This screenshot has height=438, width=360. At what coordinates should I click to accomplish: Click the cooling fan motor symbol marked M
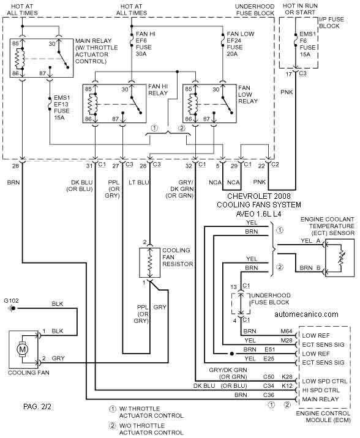pyautogui.click(x=22, y=349)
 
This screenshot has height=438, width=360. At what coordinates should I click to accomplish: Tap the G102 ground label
pyautogui.click(x=11, y=300)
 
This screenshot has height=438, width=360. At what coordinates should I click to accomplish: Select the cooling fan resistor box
pyautogui.click(x=150, y=262)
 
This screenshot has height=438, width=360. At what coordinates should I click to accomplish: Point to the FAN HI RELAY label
pyautogui.click(x=158, y=90)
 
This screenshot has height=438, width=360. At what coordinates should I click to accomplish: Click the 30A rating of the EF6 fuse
pyautogui.click(x=141, y=54)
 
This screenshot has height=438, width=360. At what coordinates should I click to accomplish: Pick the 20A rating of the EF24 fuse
pyautogui.click(x=232, y=54)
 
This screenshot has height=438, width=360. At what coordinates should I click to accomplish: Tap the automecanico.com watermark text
pyautogui.click(x=306, y=314)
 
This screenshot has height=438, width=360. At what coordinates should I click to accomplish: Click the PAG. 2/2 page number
pyautogui.click(x=37, y=406)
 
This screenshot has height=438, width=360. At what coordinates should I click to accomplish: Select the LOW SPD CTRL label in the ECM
pyautogui.click(x=324, y=381)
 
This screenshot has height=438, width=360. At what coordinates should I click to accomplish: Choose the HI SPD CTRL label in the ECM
pyautogui.click(x=321, y=390)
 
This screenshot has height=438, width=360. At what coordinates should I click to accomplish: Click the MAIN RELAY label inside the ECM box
pyautogui.click(x=321, y=399)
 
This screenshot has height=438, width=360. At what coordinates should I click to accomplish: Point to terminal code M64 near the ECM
pyautogui.click(x=287, y=332)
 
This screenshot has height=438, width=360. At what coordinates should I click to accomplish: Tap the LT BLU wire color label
pyautogui.click(x=139, y=182)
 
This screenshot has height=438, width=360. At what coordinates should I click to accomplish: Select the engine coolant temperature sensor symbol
pyautogui.click(x=341, y=258)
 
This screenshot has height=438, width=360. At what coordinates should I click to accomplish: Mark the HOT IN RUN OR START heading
pyautogui.click(x=300, y=9)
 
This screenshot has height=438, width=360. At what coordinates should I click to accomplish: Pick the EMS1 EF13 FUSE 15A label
pyautogui.click(x=62, y=108)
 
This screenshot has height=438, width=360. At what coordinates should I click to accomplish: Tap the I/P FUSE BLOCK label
pyautogui.click(x=331, y=23)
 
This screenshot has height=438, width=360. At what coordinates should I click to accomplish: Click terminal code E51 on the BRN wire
pyautogui.click(x=270, y=349)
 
